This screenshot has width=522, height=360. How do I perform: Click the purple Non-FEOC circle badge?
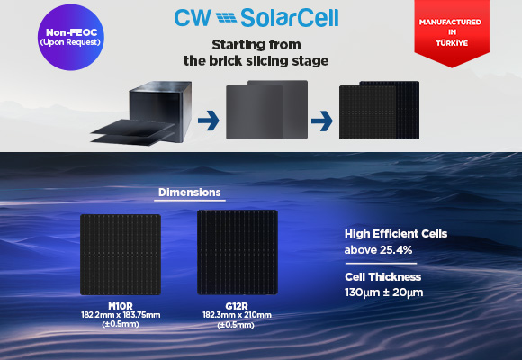click(70, 37)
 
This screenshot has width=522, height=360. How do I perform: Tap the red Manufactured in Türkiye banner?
click(452, 32)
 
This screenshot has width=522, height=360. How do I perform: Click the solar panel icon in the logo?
click(226, 18)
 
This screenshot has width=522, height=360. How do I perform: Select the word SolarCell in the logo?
click(289, 18)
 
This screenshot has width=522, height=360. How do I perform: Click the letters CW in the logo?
click(193, 18)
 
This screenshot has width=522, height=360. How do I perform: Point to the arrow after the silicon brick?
click(209, 121)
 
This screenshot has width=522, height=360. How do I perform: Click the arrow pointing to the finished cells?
click(321, 121)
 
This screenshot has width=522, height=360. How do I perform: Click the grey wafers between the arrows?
click(266, 110)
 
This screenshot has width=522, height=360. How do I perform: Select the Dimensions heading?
click(189, 193)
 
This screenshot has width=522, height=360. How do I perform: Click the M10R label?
click(121, 306)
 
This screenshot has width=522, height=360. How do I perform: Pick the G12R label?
click(237, 306)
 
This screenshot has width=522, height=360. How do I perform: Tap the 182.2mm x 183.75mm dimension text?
click(121, 315)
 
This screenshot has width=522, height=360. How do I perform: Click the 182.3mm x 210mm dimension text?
click(237, 315)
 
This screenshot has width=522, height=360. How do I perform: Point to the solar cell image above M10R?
click(121, 255)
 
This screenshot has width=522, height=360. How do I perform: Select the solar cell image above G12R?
click(238, 252)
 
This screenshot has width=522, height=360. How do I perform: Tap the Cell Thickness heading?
click(382, 276)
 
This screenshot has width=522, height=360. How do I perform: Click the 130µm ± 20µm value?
click(383, 292)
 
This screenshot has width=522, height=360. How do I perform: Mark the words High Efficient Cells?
click(396, 234)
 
